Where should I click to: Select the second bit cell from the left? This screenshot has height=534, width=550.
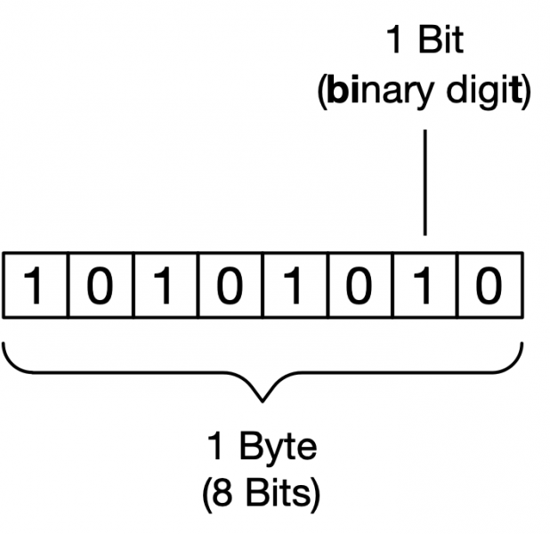[x=101, y=287]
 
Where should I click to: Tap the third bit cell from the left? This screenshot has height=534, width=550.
[x=166, y=287]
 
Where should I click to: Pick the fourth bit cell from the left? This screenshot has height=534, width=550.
[x=231, y=287]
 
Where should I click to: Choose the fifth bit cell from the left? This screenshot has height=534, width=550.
[x=295, y=287]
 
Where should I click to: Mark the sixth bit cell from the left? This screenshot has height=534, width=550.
[x=360, y=287]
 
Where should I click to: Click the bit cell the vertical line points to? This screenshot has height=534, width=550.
[x=425, y=287]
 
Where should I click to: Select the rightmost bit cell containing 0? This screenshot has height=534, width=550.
[x=489, y=287]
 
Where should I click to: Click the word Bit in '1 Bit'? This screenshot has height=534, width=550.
[x=442, y=42]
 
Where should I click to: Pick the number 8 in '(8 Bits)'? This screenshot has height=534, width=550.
[x=228, y=492]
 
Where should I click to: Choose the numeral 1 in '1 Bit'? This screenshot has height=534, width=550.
[x=393, y=42]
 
